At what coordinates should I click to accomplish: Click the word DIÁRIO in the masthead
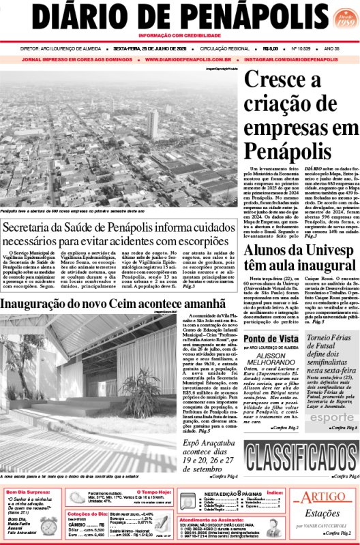pyautogui.click(x=76, y=16)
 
